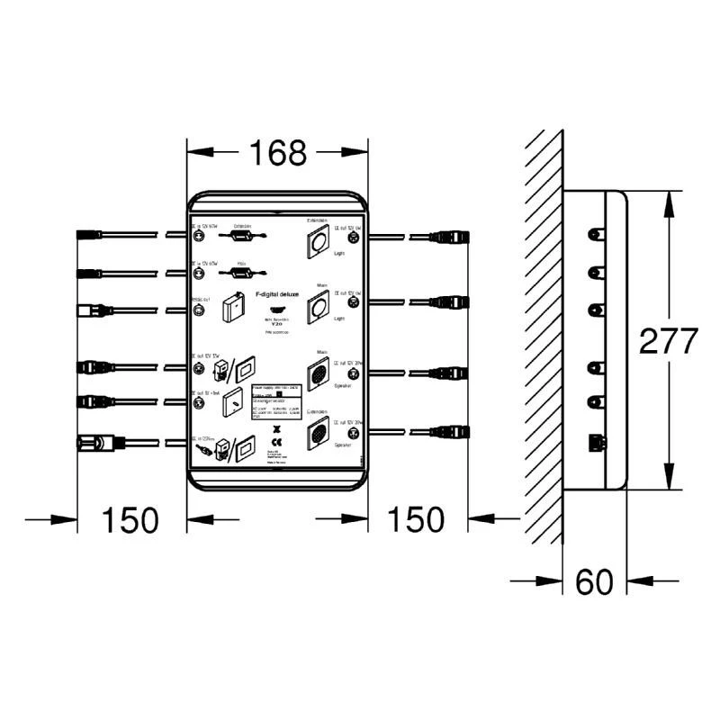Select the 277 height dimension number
[x=668, y=341]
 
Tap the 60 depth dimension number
[x=594, y=582]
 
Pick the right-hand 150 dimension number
[x=415, y=519]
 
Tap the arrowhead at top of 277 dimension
[x=667, y=200]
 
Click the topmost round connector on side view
[x=593, y=234]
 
